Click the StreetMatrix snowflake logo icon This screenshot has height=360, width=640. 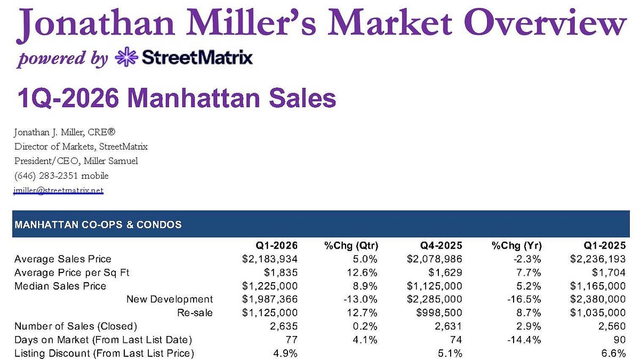click(126, 57)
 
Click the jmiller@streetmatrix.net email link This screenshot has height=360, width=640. click(58, 190)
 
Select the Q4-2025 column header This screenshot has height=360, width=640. click(441, 246)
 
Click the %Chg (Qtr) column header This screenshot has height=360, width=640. click(351, 246)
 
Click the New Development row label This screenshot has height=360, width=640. click(170, 299)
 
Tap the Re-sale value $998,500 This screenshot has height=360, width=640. click(439, 313)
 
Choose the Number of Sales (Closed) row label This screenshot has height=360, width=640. click(76, 326)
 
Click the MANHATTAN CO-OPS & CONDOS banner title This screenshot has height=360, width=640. click(98, 225)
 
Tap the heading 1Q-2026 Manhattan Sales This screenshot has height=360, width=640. click(177, 98)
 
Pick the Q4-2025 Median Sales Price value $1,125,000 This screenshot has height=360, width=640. click(435, 286)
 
